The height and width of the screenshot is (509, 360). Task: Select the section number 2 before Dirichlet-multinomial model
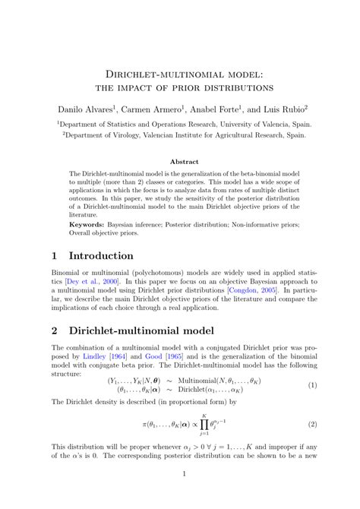55,331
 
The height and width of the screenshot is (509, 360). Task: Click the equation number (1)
312,384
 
